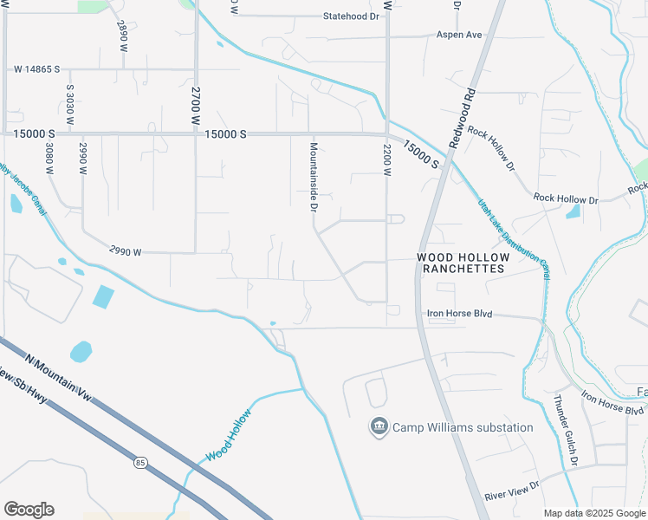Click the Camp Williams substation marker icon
(379, 427)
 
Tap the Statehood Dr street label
(352, 16)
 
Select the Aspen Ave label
(458, 35)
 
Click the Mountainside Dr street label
(314, 177)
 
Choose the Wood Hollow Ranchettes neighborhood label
(460, 263)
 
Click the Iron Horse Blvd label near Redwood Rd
(458, 314)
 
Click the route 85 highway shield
(140, 439)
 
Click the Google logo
(29, 510)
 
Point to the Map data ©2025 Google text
(593, 513)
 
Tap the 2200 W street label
(387, 160)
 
